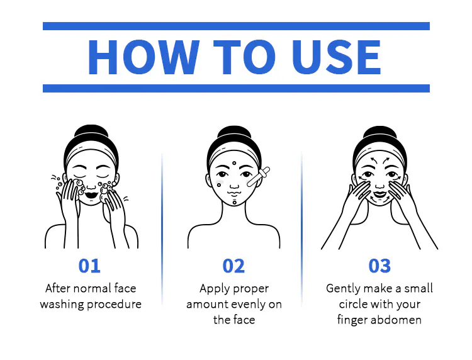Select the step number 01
[x=89, y=266]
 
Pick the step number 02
[x=233, y=266]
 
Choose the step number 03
[x=379, y=266]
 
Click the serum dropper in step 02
[x=258, y=177]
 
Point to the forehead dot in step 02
[x=234, y=163]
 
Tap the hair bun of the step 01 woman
[x=91, y=132]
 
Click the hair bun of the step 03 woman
[x=379, y=133]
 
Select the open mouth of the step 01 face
[x=91, y=195]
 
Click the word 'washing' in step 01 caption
[x=62, y=305]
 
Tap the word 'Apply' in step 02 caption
[x=211, y=289]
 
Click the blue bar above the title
[x=236, y=26]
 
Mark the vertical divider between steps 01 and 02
[x=162, y=228]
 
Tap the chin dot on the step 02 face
[x=235, y=203]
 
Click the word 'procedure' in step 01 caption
[x=114, y=305]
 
